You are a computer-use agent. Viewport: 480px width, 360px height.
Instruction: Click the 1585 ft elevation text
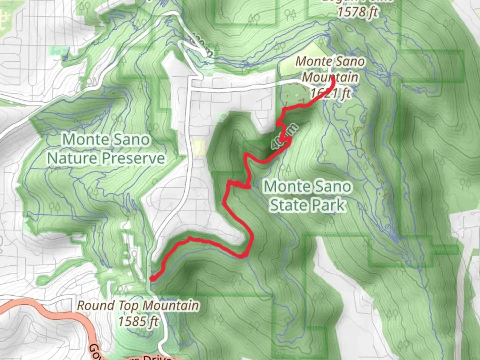pos(138,321)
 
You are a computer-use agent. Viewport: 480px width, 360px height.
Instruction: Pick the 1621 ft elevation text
pos(330,93)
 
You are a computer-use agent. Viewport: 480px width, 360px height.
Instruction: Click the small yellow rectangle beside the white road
pos(199,147)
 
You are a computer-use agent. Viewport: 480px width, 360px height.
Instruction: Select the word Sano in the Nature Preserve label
pos(132,139)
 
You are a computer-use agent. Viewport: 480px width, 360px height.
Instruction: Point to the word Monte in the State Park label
pos(285,186)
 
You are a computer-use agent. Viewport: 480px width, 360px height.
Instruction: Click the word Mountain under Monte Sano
pos(330,77)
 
